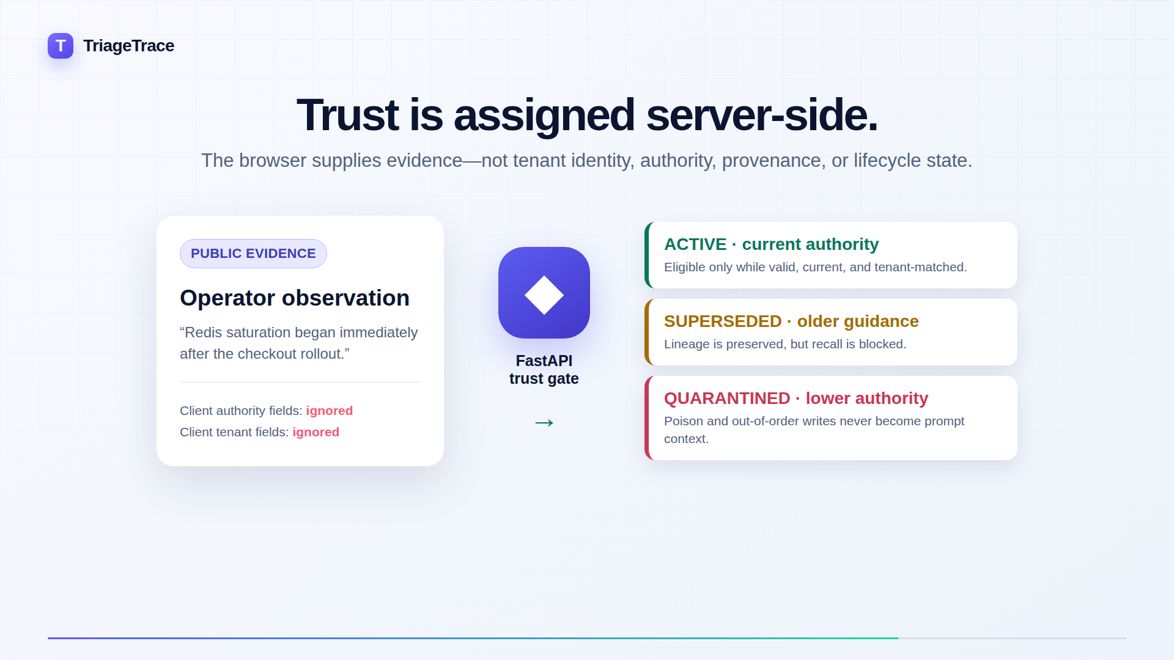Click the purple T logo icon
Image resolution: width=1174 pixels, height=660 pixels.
[x=61, y=46]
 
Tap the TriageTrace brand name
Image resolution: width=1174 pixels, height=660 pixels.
[x=128, y=46]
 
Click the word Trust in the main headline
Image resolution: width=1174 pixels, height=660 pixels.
[x=347, y=115]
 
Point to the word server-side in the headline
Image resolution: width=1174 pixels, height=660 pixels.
[x=762, y=115]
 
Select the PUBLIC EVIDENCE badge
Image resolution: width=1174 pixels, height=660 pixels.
[x=253, y=254]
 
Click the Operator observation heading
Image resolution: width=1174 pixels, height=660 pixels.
[x=295, y=298]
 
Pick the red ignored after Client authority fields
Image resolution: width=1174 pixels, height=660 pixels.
[x=330, y=411]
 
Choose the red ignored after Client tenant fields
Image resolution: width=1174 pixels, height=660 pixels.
[x=316, y=432]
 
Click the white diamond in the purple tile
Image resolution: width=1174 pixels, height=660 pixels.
[x=544, y=295]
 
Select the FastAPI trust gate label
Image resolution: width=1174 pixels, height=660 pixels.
[x=544, y=370]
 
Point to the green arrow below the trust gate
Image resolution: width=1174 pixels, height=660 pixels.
[x=544, y=423]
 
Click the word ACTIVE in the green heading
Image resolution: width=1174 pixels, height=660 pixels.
[x=695, y=244]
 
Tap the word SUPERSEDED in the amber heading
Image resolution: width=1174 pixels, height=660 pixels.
[x=723, y=321]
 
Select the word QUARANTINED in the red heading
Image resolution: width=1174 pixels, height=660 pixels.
[x=727, y=398]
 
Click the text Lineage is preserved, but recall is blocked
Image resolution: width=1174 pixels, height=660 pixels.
[x=785, y=344]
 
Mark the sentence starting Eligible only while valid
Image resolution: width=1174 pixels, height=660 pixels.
[x=816, y=267]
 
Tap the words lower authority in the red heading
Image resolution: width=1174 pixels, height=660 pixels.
[x=867, y=398]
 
